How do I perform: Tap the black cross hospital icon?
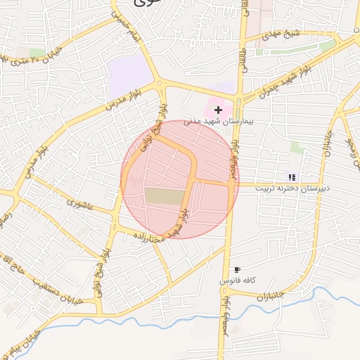pos(219,110)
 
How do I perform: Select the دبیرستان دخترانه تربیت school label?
pos(292,188)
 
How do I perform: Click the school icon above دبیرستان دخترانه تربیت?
pos(292,177)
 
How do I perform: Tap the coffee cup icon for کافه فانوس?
pos(237,269)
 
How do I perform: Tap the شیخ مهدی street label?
pos(281,34)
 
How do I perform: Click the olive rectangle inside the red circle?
pos(162,196)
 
